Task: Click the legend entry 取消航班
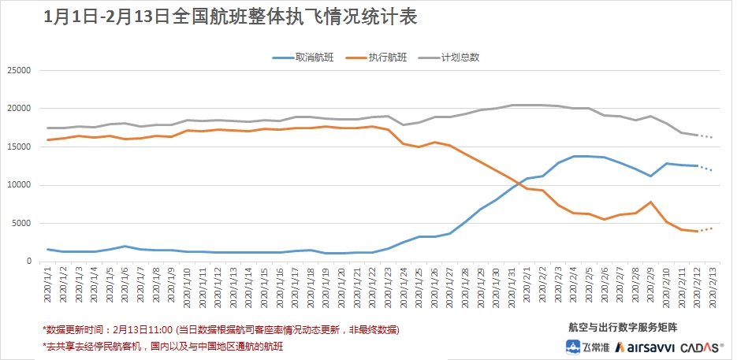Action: pyautogui.click(x=308, y=58)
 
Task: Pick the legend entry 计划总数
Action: pyautogui.click(x=456, y=58)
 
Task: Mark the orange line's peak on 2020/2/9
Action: pyautogui.click(x=650, y=202)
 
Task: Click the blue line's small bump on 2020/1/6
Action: pyautogui.click(x=125, y=246)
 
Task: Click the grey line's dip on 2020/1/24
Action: pyautogui.click(x=404, y=124)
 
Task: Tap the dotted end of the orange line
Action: pyautogui.click(x=707, y=229)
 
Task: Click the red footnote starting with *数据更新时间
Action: pyautogui.click(x=220, y=329)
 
